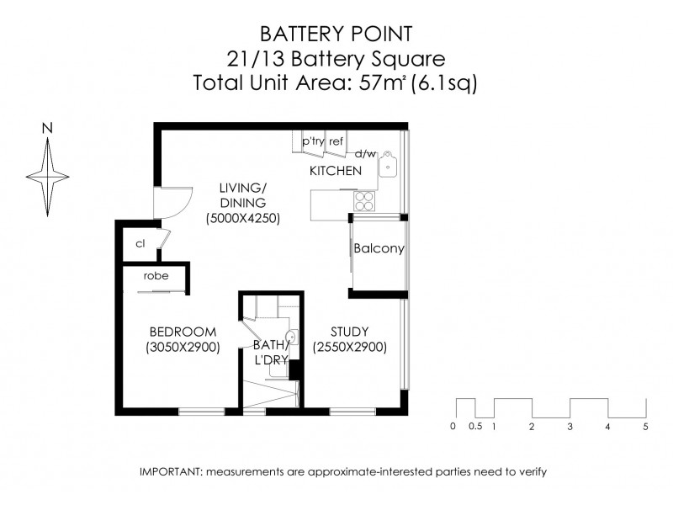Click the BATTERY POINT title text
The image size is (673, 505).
click(336, 34)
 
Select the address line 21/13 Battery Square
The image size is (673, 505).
click(336, 59)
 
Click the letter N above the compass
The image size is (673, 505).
click(48, 129)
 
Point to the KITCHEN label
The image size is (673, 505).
click(336, 171)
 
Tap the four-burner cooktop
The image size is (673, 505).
click(364, 200)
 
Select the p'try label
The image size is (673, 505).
click(313, 142)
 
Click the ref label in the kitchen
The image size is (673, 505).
click(336, 142)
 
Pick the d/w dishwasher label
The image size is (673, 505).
click(365, 154)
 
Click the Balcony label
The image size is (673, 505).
click(379, 249)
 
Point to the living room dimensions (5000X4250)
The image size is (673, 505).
click(243, 218)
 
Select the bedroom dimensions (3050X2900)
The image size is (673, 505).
click(183, 347)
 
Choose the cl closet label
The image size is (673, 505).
click(140, 243)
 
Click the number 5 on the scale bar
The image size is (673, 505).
click(645, 427)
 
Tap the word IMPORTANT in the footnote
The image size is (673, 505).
click(167, 472)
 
